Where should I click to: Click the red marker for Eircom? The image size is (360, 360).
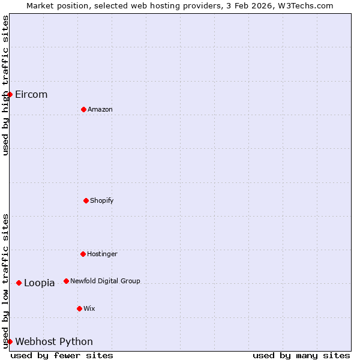click(10, 94)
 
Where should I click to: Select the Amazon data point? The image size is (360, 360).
click(83, 109)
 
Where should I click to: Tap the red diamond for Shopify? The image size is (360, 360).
click(86, 200)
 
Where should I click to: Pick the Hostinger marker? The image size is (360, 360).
click(83, 254)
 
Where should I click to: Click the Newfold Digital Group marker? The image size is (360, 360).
click(66, 281)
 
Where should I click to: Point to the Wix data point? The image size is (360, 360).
click(79, 308)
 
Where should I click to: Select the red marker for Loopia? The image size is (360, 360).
click(19, 283)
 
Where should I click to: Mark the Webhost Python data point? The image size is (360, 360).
click(10, 341)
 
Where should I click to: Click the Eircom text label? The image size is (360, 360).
click(31, 95)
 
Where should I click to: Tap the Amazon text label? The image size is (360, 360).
click(100, 110)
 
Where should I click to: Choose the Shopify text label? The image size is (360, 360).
click(102, 200)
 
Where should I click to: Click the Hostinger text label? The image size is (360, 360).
click(102, 254)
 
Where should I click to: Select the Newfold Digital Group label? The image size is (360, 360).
click(105, 281)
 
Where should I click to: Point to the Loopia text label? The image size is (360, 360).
click(40, 283)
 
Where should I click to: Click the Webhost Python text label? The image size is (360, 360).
click(54, 342)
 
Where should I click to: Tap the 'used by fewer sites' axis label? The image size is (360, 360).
click(62, 355)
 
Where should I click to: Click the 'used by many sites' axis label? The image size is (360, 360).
click(301, 355)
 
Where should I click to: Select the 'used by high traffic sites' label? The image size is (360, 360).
click(5, 85)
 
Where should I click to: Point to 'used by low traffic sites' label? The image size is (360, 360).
click(5, 281)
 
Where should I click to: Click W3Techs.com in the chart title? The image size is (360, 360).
click(305, 5)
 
